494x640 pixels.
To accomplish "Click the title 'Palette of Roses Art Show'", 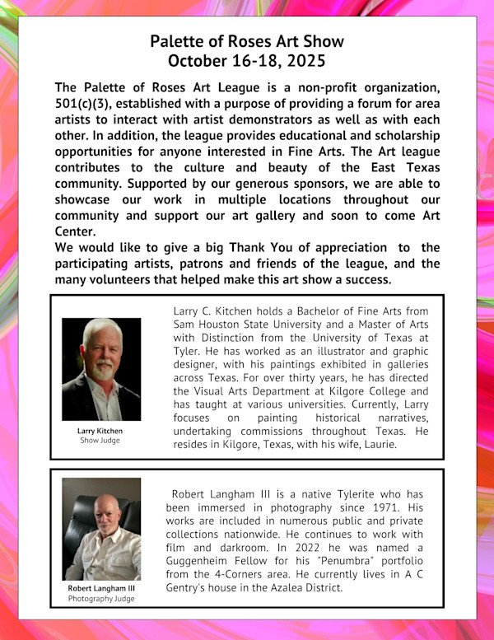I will pyautogui.click(x=247, y=41).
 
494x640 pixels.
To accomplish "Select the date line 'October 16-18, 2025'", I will pyautogui.click(x=247, y=61).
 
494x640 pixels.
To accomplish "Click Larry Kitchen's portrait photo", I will pyautogui.click(x=101, y=369).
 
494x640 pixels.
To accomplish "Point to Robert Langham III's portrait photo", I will pyautogui.click(x=101, y=529).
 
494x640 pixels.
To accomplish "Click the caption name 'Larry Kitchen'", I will pyautogui.click(x=100, y=431).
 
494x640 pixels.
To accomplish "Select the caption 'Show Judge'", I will pyautogui.click(x=100, y=441).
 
